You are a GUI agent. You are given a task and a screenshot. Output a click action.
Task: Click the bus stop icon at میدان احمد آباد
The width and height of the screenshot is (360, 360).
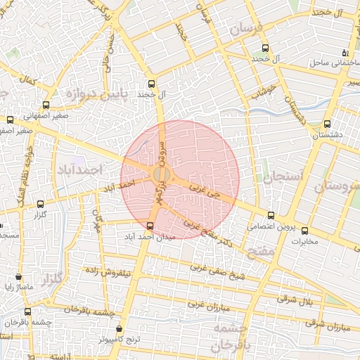pos(150,226)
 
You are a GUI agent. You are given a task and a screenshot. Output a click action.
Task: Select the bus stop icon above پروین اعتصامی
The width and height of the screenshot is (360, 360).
pos(271,215)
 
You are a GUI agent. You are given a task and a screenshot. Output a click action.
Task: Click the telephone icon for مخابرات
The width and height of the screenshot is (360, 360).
pos(304,231)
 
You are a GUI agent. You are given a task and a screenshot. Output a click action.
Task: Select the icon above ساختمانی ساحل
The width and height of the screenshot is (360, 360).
pos(345,53)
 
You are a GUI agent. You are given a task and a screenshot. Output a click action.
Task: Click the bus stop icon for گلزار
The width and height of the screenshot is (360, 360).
pos(39,205)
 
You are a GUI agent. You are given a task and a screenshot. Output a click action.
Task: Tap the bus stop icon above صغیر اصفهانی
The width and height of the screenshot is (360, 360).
pos(10,120)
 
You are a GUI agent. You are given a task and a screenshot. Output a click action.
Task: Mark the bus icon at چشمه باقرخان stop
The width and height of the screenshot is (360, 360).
pos(27,311)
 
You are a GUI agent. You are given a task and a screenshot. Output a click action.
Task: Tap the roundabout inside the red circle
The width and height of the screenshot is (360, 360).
pos(161,174)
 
